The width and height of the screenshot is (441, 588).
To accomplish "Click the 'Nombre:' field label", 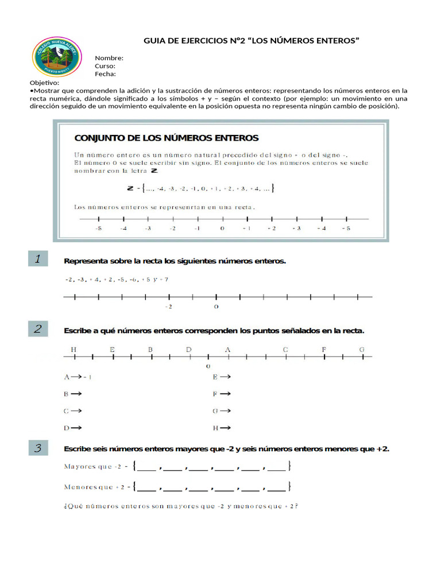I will point(109,58).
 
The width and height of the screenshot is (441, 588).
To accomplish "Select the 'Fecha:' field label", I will point(105,74).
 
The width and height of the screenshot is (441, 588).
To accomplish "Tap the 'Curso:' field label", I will point(105,66).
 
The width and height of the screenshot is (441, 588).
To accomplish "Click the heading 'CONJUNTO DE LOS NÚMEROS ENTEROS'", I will point(167,138).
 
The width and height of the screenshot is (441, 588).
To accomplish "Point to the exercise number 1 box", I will point(37,259).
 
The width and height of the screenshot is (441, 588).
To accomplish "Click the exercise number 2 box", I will point(37,329).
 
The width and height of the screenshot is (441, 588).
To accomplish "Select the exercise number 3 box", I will point(37,448).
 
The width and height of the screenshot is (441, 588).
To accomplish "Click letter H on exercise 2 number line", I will point(73,349).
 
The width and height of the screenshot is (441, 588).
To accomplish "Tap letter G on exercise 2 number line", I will point(362,349).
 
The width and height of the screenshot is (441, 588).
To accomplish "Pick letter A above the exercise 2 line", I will point(227,349).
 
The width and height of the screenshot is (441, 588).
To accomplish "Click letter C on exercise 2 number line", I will point(285,349).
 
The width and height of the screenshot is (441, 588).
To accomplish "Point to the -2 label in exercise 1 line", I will point(168,307).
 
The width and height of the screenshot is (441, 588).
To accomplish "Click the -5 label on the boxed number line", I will point(99,229).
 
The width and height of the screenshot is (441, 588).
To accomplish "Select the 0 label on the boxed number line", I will point(222,229).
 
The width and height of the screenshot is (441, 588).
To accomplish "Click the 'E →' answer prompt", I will point(221,377).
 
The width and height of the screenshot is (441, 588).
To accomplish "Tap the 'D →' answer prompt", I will point(72,427).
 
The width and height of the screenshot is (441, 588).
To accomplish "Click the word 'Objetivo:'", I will point(44,83).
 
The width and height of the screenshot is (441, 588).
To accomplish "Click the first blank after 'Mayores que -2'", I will point(147,467).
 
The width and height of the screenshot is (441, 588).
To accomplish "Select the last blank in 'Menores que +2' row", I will point(277,488).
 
